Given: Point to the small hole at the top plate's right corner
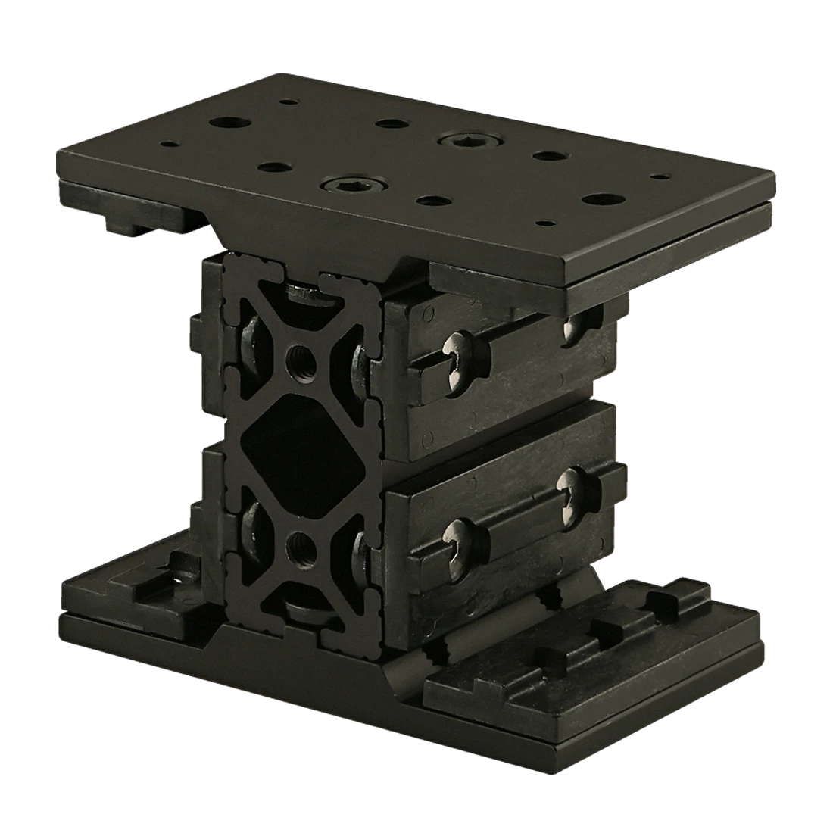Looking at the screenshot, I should [x=661, y=176].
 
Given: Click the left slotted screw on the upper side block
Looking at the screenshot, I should [x=457, y=367].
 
